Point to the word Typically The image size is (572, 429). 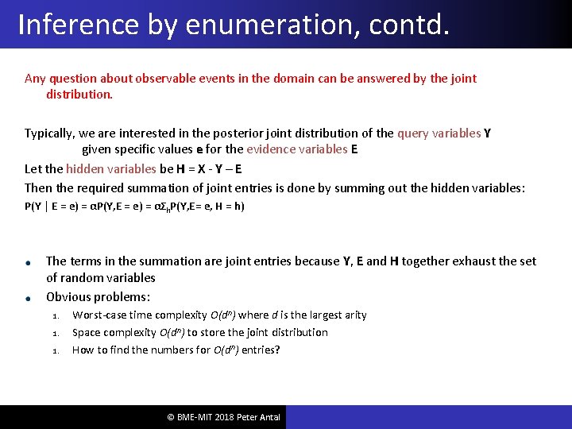[52, 133]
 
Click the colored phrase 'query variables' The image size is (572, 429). [439, 133]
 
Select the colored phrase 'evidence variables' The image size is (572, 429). [296, 149]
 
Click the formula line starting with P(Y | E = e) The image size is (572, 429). [134, 207]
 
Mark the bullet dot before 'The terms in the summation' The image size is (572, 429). [28, 263]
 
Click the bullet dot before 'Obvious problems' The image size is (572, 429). [28, 298]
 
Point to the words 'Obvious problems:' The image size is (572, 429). [98, 297]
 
